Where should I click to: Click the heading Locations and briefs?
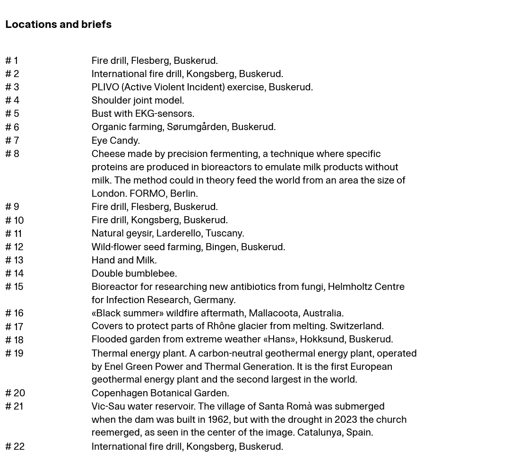58,24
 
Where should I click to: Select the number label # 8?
12,154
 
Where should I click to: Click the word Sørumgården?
197,127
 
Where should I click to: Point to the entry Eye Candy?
115,140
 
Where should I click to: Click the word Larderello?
178,233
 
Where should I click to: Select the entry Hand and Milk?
124,260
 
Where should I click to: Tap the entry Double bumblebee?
134,273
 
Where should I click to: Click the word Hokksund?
322,339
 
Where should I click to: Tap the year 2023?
346,420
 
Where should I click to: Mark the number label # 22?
15,446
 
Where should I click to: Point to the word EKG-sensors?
164,114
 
